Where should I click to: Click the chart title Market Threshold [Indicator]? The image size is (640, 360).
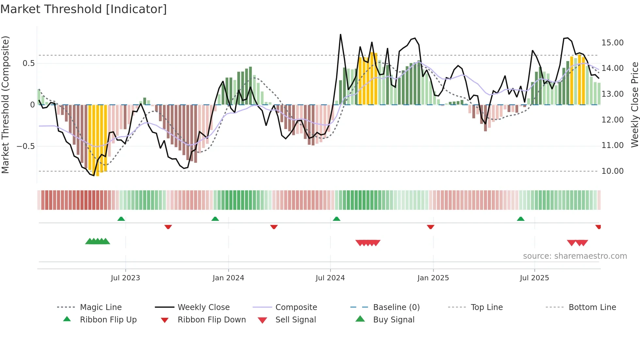click(x=84, y=9)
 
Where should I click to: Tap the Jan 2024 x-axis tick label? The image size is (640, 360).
click(x=228, y=278)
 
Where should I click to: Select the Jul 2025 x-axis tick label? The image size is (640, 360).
click(x=534, y=278)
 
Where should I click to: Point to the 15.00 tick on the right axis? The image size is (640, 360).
click(x=612, y=43)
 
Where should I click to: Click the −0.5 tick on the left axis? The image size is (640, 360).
click(x=26, y=146)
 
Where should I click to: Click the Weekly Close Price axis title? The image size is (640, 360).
click(x=634, y=105)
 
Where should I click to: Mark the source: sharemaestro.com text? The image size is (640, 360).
click(x=575, y=256)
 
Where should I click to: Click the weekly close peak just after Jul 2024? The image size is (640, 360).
click(x=341, y=35)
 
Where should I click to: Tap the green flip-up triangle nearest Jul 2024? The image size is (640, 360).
click(x=337, y=219)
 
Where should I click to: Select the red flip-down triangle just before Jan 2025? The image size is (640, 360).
click(x=430, y=227)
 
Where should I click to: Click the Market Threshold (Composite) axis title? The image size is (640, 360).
click(x=5, y=105)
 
